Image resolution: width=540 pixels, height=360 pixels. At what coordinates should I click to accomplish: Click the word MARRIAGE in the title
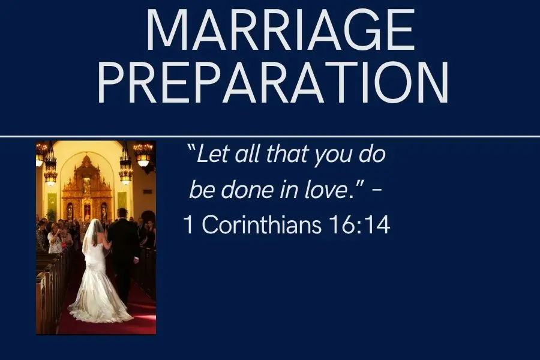281,31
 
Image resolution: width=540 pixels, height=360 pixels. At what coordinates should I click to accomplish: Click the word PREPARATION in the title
274,83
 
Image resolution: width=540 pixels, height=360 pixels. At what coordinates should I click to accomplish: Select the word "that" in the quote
287,154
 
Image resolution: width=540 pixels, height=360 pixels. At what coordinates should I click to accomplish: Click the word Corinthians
262,224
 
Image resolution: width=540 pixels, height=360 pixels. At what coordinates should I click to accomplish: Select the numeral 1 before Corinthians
189,225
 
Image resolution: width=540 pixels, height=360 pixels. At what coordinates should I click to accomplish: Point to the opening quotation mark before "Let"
191,149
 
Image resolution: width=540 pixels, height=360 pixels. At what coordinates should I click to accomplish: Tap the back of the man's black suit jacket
123,241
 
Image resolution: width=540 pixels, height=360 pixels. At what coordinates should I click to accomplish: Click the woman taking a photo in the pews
55,238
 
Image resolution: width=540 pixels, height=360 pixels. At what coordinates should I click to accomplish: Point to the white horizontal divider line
270,136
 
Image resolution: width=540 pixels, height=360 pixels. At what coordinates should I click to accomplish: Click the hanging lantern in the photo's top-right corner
143,154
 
